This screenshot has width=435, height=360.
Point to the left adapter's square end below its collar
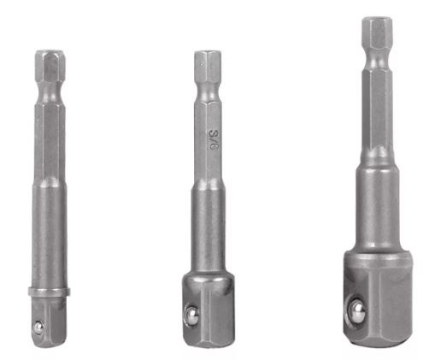pyautogui.click(x=50, y=321)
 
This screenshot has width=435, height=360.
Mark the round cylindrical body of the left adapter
pyautogui.click(x=50, y=239)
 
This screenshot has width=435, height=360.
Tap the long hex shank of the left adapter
pyautogui.click(x=50, y=137)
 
